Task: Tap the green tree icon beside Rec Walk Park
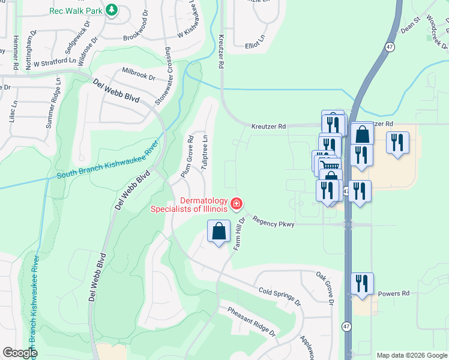111,10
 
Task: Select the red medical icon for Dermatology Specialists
237,205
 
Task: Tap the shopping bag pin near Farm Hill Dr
219,231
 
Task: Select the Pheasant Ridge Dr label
251,322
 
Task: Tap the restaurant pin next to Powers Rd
361,283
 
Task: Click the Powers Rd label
393,294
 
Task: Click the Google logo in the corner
20,353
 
